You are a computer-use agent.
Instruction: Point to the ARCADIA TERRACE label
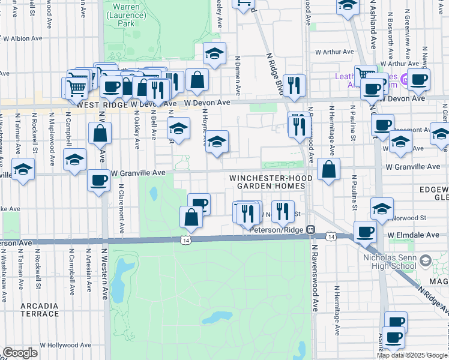click(40, 310)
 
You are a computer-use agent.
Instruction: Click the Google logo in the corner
click(20, 353)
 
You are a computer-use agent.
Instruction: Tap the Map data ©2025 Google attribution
click(412, 355)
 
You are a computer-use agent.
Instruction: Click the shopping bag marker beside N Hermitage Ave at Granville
click(328, 170)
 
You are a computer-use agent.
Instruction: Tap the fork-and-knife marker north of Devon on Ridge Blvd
click(294, 86)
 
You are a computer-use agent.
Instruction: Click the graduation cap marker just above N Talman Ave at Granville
click(23, 169)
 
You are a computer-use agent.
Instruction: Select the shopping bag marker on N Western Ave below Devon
click(100, 133)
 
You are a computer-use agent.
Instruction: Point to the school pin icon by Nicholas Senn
click(426, 261)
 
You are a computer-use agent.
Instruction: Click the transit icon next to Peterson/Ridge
click(310, 229)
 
